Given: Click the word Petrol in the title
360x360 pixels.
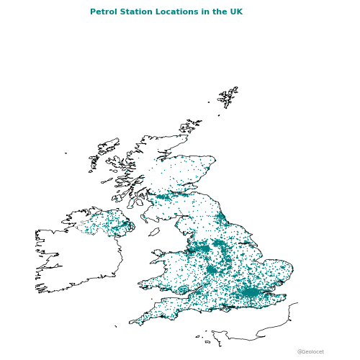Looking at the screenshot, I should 102,12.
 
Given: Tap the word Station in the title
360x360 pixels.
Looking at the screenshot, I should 134,12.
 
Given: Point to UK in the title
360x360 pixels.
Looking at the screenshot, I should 235,12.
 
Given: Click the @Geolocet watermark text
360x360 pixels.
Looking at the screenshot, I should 310,352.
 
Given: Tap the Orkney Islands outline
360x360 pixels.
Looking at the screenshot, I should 193,126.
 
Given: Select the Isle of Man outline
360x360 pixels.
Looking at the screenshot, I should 154,232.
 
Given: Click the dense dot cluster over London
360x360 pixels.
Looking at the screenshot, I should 250,292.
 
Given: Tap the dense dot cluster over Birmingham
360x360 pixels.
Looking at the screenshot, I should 211,270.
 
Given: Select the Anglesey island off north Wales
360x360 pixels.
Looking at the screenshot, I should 158,253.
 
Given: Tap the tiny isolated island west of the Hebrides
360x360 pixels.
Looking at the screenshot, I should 66,153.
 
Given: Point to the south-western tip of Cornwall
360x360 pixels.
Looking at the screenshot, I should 132,323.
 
